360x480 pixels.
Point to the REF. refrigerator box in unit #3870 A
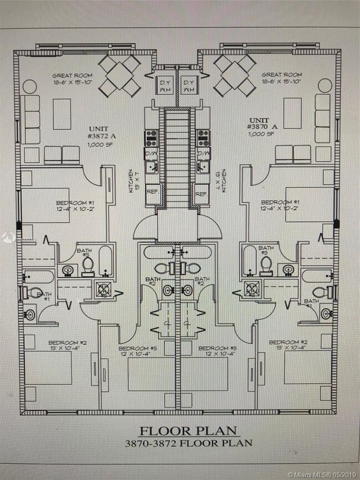202,194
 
